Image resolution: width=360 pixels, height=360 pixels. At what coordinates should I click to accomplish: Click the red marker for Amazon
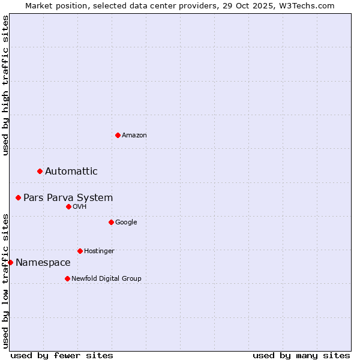tap(118, 135)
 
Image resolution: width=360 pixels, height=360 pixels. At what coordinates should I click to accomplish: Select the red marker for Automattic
tap(40, 172)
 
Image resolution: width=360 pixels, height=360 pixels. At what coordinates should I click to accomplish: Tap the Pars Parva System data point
tap(19, 197)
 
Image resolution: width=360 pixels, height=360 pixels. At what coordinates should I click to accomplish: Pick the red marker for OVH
tap(68, 206)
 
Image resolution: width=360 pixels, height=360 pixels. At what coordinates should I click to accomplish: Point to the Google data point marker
tap(111, 222)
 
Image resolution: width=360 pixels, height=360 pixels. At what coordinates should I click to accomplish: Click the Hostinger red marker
tap(80, 251)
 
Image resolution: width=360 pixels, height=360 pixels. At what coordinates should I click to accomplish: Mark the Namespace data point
tap(10, 262)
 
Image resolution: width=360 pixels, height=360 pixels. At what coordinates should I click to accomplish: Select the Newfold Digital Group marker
tap(67, 278)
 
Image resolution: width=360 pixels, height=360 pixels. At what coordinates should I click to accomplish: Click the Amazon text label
tap(134, 136)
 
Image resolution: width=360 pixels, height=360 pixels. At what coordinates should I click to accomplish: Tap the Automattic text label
tap(71, 172)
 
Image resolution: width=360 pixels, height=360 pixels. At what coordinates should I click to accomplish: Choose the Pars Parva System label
tap(68, 198)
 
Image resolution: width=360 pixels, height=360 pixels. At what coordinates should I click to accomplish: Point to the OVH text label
tap(80, 207)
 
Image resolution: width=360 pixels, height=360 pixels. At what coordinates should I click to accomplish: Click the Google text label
tap(126, 223)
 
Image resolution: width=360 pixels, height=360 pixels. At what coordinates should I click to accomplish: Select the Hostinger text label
tap(99, 251)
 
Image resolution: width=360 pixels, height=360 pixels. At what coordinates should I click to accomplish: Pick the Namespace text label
tap(43, 263)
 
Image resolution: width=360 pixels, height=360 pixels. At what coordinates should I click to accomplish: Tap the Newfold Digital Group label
tap(106, 279)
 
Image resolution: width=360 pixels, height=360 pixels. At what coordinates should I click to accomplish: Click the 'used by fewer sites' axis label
tap(62, 355)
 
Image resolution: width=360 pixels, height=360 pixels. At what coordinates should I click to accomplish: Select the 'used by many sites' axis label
tap(301, 355)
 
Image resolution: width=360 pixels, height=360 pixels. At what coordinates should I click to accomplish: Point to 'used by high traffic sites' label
tap(5, 85)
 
